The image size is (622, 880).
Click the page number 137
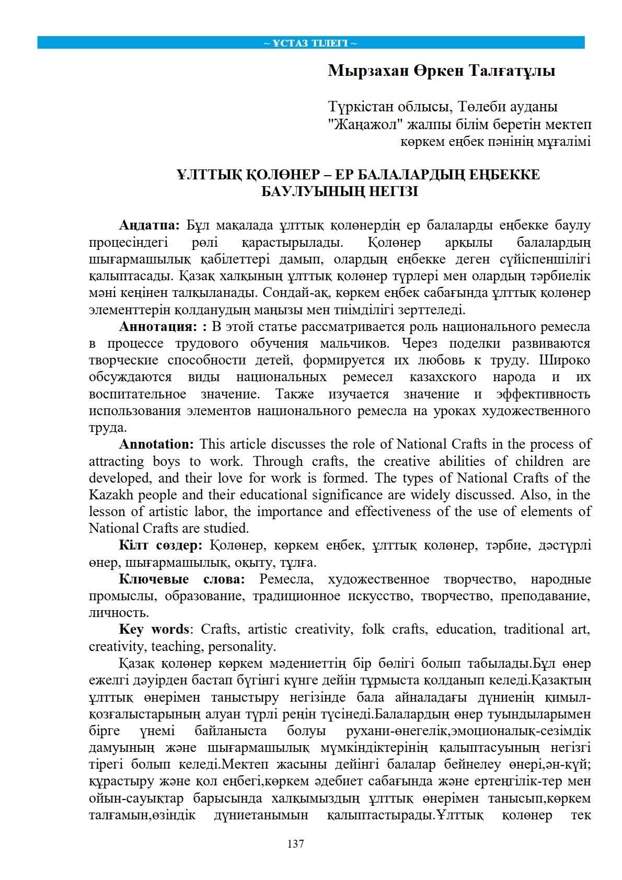click(x=295, y=843)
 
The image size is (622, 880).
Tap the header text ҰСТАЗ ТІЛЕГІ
click(x=310, y=43)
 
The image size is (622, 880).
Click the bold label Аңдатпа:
click(x=149, y=225)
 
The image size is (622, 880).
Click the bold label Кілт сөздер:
click(x=160, y=545)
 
